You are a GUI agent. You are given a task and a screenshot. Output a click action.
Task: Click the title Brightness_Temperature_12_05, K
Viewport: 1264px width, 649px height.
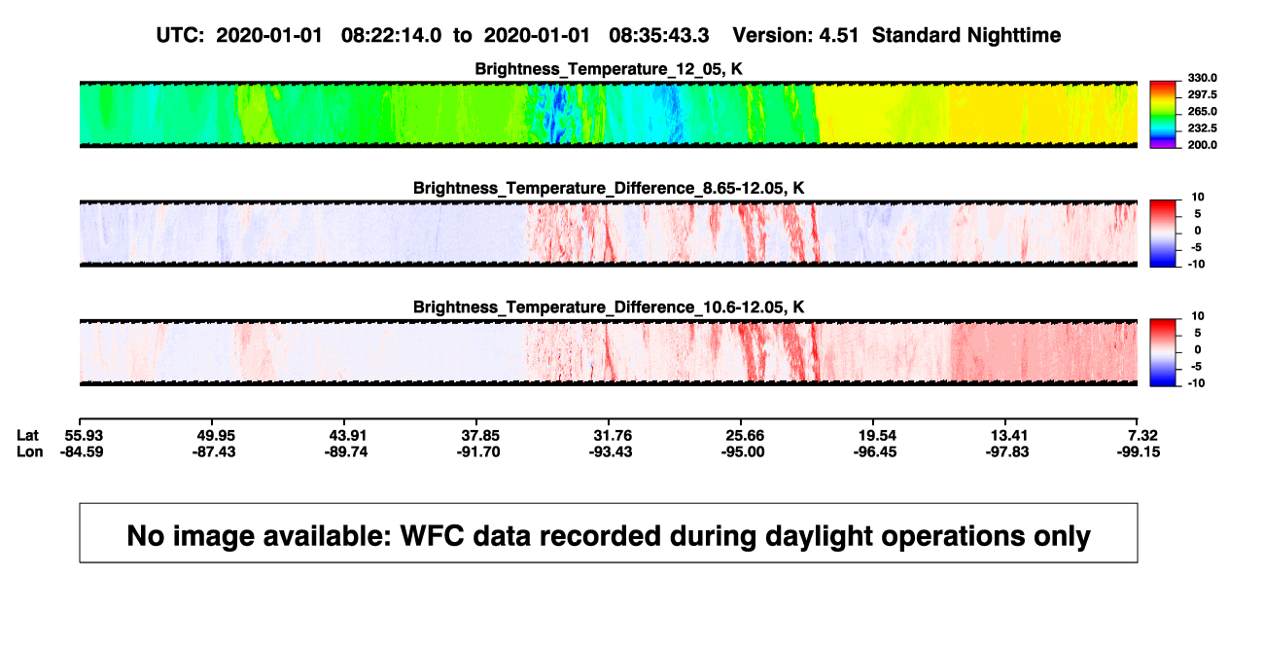coord(609,69)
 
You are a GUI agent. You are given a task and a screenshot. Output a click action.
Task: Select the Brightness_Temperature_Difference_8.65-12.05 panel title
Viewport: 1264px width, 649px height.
coord(609,188)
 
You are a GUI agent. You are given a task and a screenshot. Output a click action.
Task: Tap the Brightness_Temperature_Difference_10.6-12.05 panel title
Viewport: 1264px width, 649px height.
coord(609,307)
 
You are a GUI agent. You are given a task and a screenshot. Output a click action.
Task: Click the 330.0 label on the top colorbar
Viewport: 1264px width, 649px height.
coord(1202,78)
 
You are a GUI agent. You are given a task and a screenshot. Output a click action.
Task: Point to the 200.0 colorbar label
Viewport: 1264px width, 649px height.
coord(1202,145)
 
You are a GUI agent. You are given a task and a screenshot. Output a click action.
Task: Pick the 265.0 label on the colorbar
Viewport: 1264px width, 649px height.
coord(1202,111)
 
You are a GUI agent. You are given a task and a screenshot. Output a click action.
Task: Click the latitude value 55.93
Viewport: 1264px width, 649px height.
coord(84,436)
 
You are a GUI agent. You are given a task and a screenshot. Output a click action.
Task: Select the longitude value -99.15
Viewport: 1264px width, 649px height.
coord(1139,451)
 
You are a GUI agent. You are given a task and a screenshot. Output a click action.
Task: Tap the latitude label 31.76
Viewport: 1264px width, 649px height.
coord(613,436)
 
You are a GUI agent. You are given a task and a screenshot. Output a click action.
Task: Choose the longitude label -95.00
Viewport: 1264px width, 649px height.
coord(743,451)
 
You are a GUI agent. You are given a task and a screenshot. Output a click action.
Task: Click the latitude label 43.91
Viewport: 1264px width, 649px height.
coord(348,436)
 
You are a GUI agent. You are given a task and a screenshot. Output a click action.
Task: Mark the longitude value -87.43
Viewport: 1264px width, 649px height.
coord(214,451)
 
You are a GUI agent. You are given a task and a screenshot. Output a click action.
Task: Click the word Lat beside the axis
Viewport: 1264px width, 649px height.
coord(27,436)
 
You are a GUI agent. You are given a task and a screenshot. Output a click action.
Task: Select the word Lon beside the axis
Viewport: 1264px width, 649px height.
coord(29,451)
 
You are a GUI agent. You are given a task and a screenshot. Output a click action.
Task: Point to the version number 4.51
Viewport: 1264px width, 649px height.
coord(838,36)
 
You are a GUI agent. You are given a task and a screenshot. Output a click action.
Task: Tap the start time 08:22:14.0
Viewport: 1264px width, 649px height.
coord(391,36)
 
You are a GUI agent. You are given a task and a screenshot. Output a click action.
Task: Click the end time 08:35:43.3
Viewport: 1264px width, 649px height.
coord(659,36)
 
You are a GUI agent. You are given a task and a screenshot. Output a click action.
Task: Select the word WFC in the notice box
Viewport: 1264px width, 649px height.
coord(432,535)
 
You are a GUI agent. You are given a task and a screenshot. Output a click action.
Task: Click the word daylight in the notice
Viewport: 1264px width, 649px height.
coord(817,536)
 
